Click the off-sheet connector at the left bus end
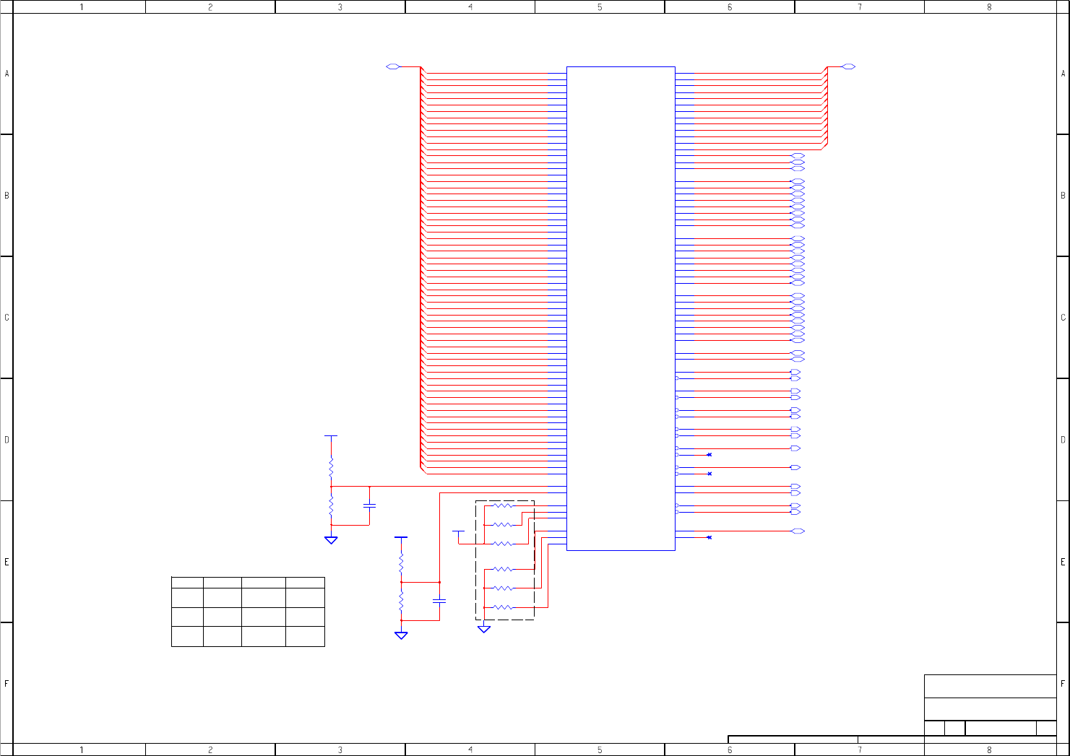[393, 66]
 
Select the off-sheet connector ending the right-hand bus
[849, 66]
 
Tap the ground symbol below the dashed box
[484, 629]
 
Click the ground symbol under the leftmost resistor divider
[331, 539]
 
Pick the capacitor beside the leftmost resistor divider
[369, 505]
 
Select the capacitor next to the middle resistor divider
[439, 601]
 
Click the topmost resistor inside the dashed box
[503, 506]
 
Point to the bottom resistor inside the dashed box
[503, 607]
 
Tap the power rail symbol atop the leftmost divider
[331, 436]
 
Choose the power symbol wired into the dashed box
[458, 531]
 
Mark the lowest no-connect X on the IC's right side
[709, 537]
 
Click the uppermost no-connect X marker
[709, 454]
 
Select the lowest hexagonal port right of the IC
[798, 531]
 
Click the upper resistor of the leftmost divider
[331, 467]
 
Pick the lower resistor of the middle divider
[401, 601]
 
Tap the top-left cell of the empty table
[187, 581]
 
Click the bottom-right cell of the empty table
[305, 636]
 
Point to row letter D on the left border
[7, 440]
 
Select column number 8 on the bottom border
[989, 750]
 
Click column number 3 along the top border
[340, 7]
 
